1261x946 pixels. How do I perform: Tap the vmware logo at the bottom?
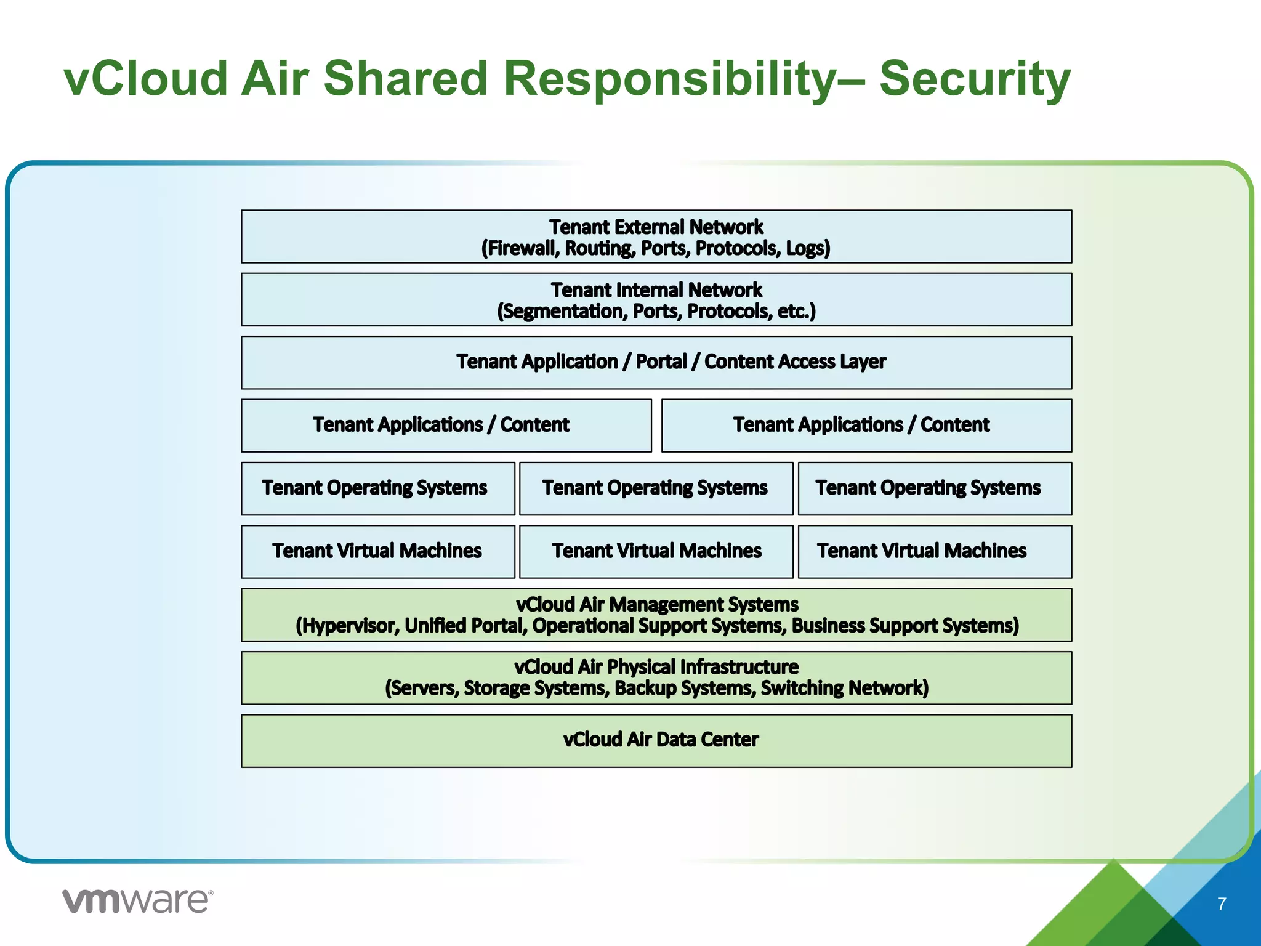pos(138,901)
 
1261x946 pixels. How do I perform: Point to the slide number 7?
pos(1222,904)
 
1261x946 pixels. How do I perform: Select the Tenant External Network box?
pos(656,236)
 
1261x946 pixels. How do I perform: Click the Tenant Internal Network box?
pos(656,300)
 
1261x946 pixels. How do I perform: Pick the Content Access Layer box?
pos(656,362)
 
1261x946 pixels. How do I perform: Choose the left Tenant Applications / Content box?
pos(446,426)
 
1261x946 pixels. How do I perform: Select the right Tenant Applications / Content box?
pos(866,426)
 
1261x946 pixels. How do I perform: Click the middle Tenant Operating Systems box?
pos(656,488)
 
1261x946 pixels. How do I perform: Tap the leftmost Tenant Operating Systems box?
pos(377,488)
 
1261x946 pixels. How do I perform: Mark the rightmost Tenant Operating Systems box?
pos(935,488)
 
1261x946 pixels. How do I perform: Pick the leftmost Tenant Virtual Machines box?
pos(377,551)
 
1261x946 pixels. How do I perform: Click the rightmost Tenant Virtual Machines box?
pos(935,551)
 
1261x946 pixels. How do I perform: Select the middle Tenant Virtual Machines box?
pos(656,551)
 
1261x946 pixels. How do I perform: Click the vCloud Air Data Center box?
pos(656,740)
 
